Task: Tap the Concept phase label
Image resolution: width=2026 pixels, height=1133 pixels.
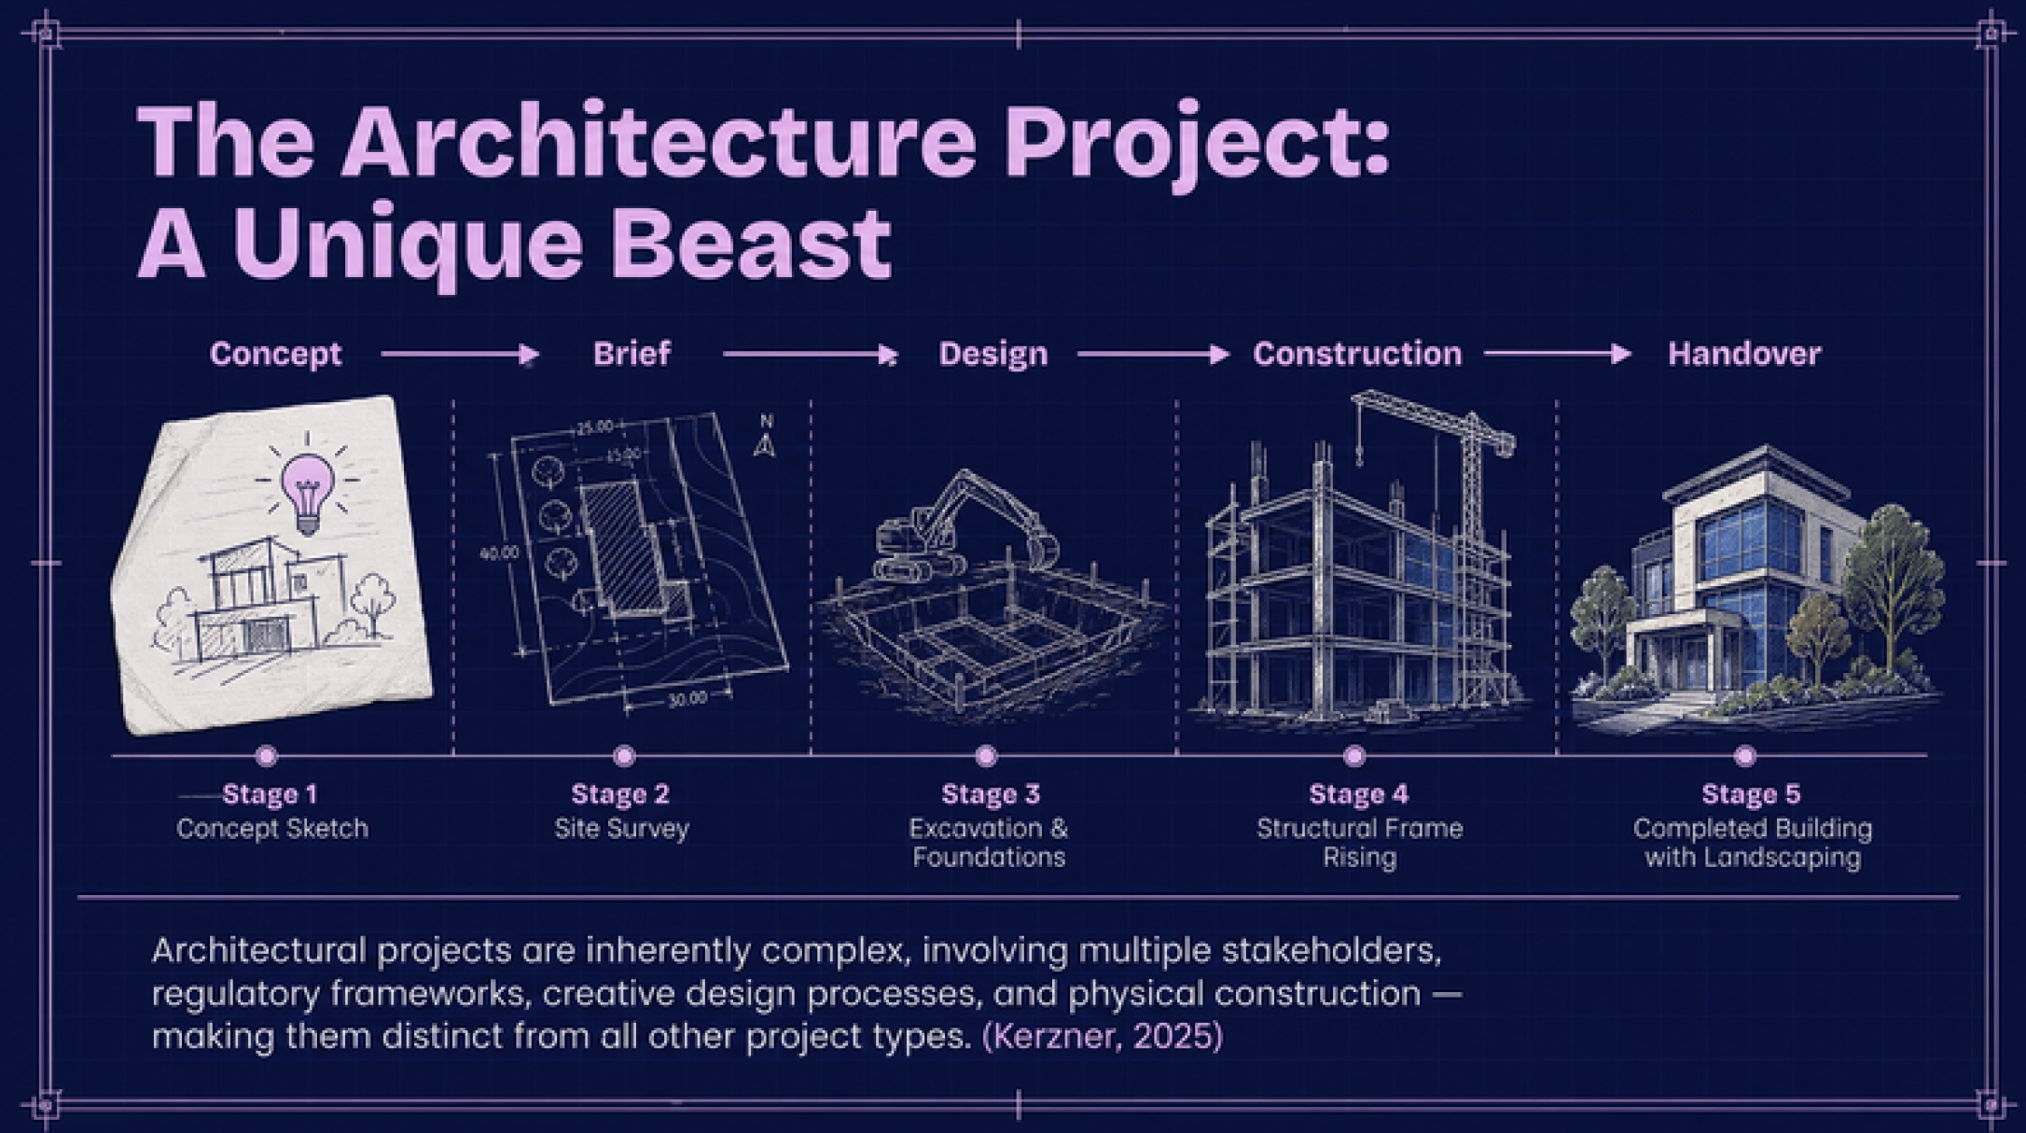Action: pos(275,354)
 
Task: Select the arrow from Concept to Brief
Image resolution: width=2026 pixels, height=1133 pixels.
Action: pos(460,354)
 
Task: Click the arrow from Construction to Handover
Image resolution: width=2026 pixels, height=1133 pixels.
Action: pos(1558,354)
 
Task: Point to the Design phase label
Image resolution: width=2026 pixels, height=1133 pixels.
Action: pos(993,354)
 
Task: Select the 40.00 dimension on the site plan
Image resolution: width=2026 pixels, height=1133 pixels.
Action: pos(499,553)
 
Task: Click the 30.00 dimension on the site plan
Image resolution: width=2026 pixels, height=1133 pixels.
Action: pos(687,699)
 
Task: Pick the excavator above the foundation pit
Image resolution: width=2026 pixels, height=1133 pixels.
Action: pos(965,527)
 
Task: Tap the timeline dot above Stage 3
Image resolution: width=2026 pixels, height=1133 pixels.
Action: pos(986,755)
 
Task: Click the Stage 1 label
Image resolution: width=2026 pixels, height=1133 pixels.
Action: pos(270,794)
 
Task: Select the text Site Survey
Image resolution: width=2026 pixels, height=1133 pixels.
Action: pos(621,829)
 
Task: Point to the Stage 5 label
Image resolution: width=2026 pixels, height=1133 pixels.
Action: pos(1751,794)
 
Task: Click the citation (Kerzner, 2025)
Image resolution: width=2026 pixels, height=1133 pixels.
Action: pos(1103,1037)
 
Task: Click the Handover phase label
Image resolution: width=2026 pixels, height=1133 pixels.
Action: pos(1744,354)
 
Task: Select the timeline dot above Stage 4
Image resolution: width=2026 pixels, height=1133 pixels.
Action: pos(1355,755)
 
